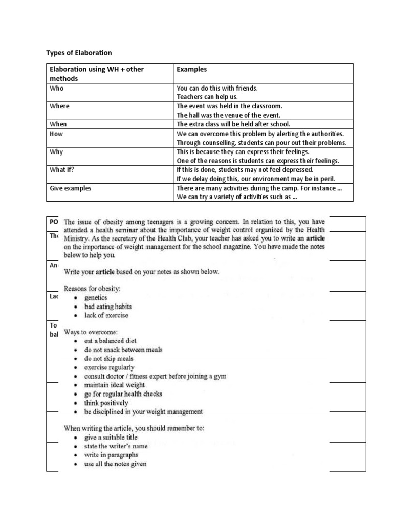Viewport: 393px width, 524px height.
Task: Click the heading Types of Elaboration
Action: pyautogui.click(x=79, y=53)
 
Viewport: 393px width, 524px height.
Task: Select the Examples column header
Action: pyautogui.click(x=192, y=69)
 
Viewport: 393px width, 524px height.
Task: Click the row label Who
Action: pyautogui.click(x=56, y=88)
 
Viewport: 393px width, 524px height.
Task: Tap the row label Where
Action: pyautogui.click(x=59, y=106)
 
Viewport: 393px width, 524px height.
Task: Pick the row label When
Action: pyautogui.click(x=58, y=124)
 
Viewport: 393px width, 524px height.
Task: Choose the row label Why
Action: pyautogui.click(x=56, y=152)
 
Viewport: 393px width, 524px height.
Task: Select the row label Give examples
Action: pyautogui.click(x=70, y=188)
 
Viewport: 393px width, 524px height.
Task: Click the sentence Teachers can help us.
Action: pyautogui.click(x=207, y=96)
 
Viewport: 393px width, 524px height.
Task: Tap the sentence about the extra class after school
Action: pyautogui.click(x=240, y=124)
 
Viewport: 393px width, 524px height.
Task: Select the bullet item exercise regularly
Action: pyautogui.click(x=109, y=367)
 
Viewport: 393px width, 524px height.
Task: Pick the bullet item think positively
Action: pyautogui.click(x=106, y=403)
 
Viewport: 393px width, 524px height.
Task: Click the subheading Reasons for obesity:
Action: pyautogui.click(x=92, y=289)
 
